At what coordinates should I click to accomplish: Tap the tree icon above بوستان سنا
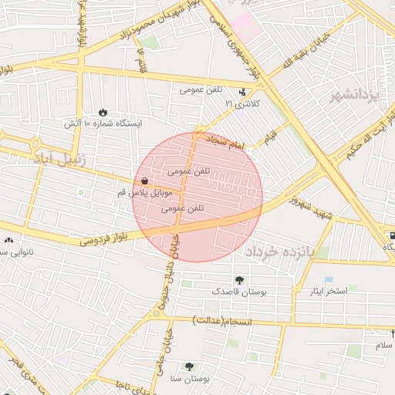[189, 367]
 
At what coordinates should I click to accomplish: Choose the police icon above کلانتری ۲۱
[244, 92]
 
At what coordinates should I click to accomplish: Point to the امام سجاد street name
[224, 141]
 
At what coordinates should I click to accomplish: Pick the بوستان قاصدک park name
[237, 293]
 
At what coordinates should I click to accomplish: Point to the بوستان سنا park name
[189, 380]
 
